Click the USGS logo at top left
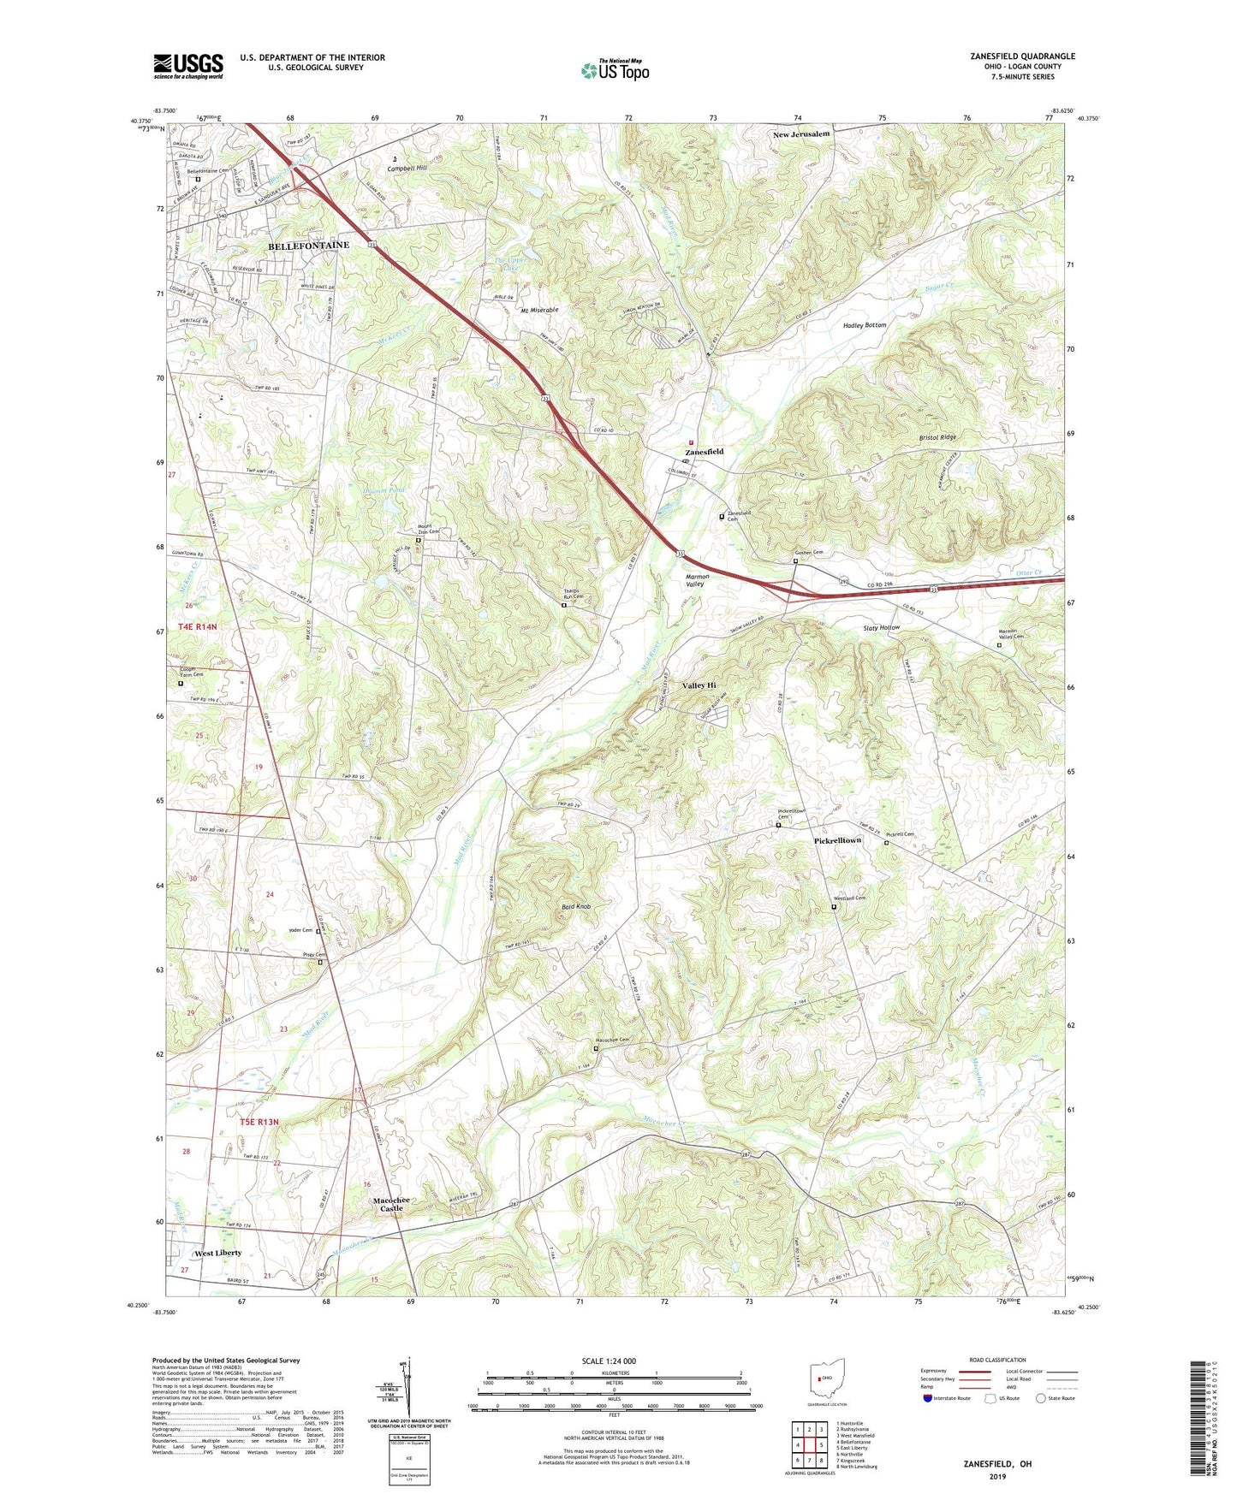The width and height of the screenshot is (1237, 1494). coord(188,66)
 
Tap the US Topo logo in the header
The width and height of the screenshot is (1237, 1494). coord(615,70)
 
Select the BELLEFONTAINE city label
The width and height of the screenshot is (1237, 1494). coord(308,246)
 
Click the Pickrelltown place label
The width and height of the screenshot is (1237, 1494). coord(837,840)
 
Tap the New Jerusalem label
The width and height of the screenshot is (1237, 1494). coord(801,134)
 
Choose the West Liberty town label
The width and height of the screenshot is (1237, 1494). coord(217,1253)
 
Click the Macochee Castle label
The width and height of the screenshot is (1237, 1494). coord(390,1205)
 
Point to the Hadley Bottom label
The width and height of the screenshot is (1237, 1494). coord(864,325)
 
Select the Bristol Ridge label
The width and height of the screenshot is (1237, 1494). coord(937,437)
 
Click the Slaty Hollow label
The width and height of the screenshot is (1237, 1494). coord(881,627)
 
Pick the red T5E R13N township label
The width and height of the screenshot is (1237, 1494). coord(252,1122)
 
